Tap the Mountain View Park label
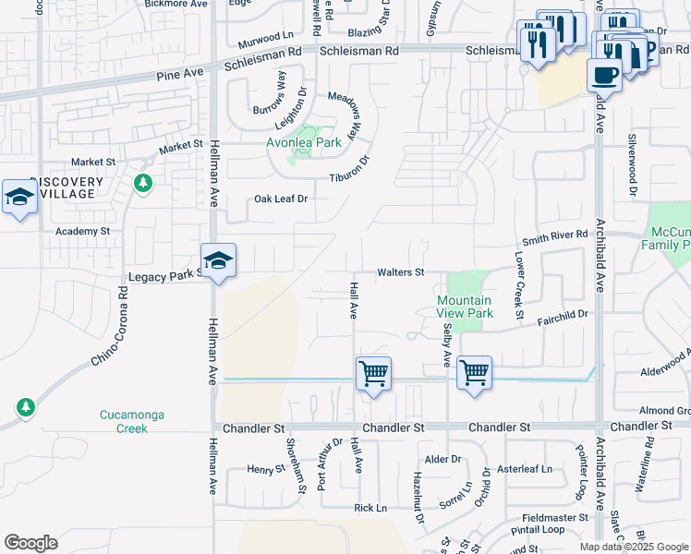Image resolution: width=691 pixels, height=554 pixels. point(464,307)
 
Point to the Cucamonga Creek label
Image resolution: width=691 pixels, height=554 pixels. point(132,421)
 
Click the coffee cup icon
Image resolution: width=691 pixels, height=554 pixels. point(604,75)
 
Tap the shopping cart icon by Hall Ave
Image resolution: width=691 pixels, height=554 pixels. point(373,374)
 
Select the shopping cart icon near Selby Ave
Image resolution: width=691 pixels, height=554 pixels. point(474,373)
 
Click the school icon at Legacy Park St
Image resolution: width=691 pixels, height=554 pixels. point(219,261)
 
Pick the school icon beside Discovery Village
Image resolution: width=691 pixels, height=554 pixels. point(19,198)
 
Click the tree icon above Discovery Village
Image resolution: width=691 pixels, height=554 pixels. point(142,183)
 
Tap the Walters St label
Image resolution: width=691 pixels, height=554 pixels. point(400,272)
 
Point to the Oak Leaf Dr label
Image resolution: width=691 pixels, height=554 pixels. point(281,199)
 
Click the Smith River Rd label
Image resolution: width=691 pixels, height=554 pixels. point(554,236)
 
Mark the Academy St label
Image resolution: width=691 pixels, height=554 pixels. point(82,231)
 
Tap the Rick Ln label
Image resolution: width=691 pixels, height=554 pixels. point(370,508)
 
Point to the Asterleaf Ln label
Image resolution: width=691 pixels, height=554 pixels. point(525,469)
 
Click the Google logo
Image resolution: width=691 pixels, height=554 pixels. point(30,543)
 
